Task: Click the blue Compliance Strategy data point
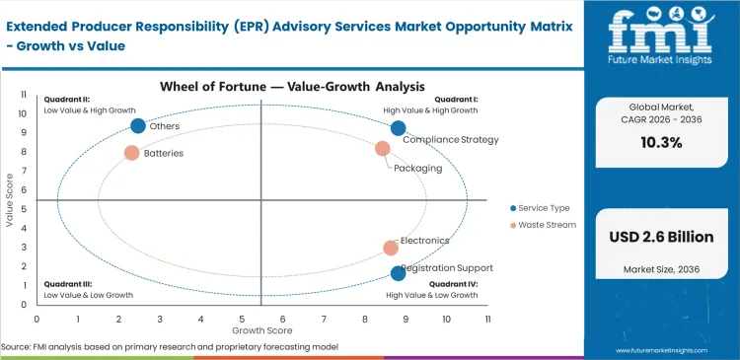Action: pyautogui.click(x=398, y=128)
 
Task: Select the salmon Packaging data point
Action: pyautogui.click(x=383, y=149)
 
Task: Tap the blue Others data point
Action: pyautogui.click(x=138, y=125)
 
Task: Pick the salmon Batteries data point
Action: pyautogui.click(x=131, y=153)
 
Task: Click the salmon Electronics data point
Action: pyautogui.click(x=391, y=248)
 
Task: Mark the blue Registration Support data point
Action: pyautogui.click(x=398, y=273)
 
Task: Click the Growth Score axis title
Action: pyautogui.click(x=260, y=330)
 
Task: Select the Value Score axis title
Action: pyautogui.click(x=10, y=200)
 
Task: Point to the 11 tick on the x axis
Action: pyautogui.click(x=487, y=320)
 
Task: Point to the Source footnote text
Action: pyautogui.click(x=171, y=347)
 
